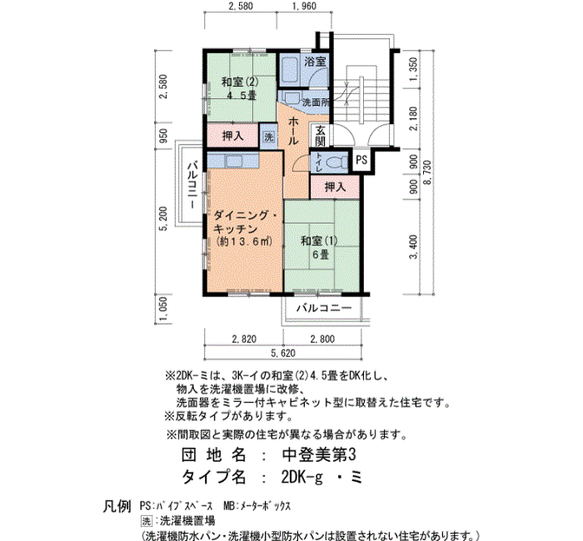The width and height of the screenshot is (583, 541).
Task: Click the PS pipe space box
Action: [361, 160]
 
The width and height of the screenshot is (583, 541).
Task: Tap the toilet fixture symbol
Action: [336, 162]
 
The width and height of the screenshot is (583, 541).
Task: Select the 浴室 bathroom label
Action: [316, 62]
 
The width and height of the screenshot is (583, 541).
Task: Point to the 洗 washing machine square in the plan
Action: [268, 136]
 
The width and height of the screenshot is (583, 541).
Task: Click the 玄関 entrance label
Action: [320, 136]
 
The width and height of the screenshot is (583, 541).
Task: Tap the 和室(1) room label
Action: [319, 241]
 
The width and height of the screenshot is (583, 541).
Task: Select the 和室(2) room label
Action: [240, 82]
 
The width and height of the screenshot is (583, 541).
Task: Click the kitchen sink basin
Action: [232, 161]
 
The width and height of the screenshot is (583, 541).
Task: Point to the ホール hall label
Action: [293, 131]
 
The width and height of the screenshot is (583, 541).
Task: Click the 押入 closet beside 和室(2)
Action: [232, 136]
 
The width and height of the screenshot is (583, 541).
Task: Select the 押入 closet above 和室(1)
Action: [335, 186]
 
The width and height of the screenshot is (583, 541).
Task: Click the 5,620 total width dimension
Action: [283, 353]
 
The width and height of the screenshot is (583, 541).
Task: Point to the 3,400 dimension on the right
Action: [413, 246]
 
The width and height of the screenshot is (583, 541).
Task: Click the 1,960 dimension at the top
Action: [304, 6]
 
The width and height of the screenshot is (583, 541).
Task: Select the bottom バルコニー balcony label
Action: [323, 308]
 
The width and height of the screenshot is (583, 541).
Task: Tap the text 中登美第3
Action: [319, 454]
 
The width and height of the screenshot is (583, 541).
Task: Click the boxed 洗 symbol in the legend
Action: [147, 521]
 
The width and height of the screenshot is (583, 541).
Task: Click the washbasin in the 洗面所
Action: [291, 98]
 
